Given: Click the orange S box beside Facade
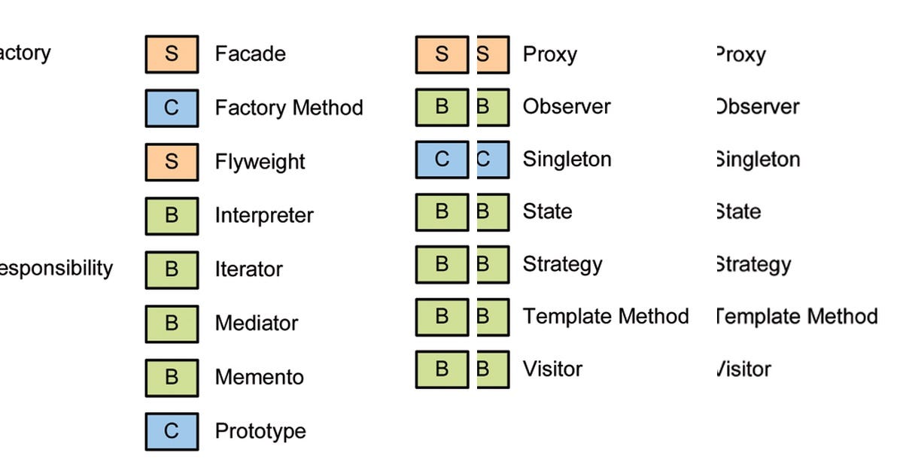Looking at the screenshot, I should [172, 54].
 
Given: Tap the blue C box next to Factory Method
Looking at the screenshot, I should [172, 108].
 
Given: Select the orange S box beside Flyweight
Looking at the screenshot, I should [172, 162].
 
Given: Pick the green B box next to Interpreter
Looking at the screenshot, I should [172, 216].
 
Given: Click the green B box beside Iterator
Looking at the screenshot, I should [172, 269].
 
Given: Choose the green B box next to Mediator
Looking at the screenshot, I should [172, 324].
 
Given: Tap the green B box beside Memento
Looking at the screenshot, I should [172, 377].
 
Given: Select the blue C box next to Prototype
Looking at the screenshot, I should [172, 431].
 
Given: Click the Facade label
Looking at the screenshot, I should [250, 54].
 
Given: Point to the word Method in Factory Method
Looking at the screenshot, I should [327, 108].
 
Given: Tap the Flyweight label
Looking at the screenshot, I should [260, 162].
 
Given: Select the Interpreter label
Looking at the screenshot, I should [264, 216].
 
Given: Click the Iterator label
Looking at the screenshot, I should [248, 269].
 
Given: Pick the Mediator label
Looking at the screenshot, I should [256, 324].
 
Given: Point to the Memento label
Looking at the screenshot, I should [259, 377].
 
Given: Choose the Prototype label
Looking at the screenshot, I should [260, 431].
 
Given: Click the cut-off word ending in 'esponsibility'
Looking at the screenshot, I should [56, 269].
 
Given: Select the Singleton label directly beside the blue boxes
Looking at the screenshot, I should [567, 160].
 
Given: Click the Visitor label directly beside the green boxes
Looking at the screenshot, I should [552, 369].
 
